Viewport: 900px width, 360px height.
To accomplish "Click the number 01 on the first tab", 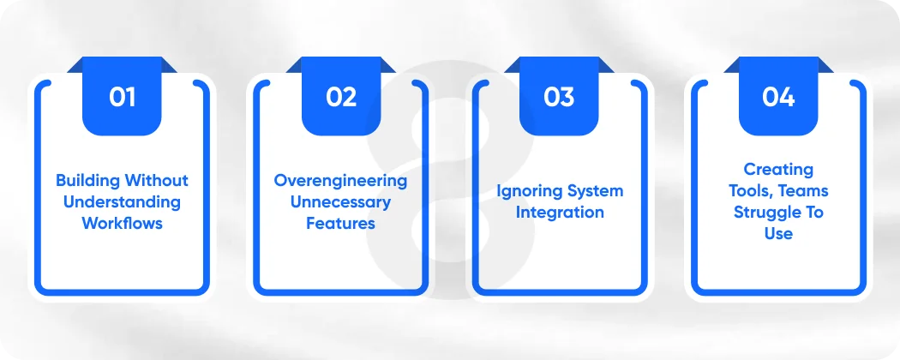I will coord(122,97).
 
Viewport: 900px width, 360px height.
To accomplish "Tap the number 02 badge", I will coord(340,97).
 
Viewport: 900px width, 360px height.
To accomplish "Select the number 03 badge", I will coord(559,97).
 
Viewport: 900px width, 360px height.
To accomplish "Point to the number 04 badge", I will coord(777,97).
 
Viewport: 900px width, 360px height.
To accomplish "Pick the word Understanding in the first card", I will coord(122,202).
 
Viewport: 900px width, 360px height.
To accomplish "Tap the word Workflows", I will coord(122,223).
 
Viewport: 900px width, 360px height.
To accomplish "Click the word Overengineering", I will coord(340,181).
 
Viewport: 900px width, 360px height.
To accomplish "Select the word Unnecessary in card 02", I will coord(340,202).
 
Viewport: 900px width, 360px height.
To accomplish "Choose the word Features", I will coord(340,223).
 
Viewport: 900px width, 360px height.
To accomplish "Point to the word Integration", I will coord(559,212).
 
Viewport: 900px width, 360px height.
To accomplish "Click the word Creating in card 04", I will coord(777,170).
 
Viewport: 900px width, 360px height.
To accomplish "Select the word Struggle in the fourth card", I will coord(763,212).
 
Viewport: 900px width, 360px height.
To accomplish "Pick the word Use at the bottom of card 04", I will coord(777,232).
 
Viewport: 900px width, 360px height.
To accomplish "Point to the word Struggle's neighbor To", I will coord(811,212).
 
